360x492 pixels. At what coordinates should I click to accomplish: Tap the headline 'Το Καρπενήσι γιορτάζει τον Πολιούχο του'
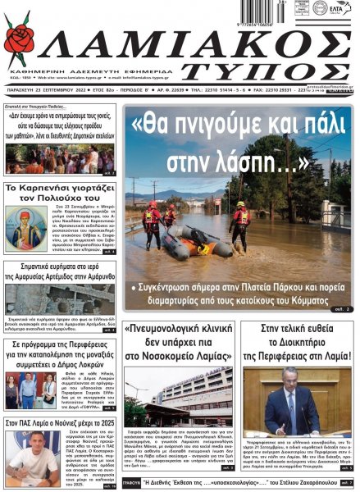click(x=61, y=194)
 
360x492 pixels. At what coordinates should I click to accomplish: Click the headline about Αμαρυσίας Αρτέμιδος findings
click(x=61, y=274)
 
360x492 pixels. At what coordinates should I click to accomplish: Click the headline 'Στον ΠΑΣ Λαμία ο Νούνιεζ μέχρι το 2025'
click(x=61, y=422)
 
